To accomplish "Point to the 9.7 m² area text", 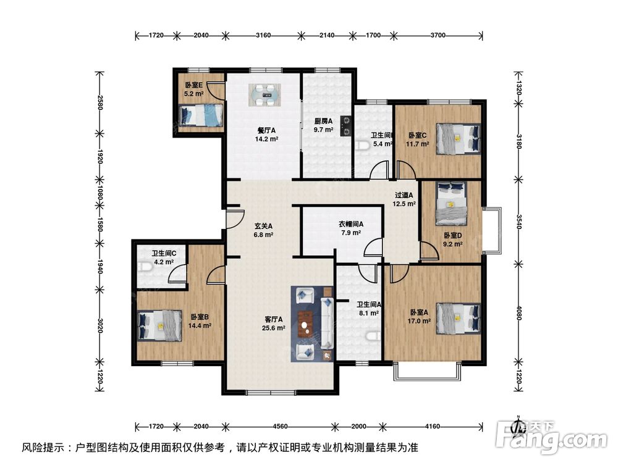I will (x=323, y=130).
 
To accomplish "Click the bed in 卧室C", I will (x=458, y=138).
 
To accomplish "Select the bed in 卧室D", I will (x=451, y=203).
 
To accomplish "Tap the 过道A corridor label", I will (x=404, y=195).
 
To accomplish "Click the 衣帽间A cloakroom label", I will (x=350, y=224).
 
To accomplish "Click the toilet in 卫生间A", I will (x=371, y=337).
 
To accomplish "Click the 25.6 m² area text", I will (x=274, y=328).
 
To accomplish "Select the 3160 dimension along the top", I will (x=263, y=36).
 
